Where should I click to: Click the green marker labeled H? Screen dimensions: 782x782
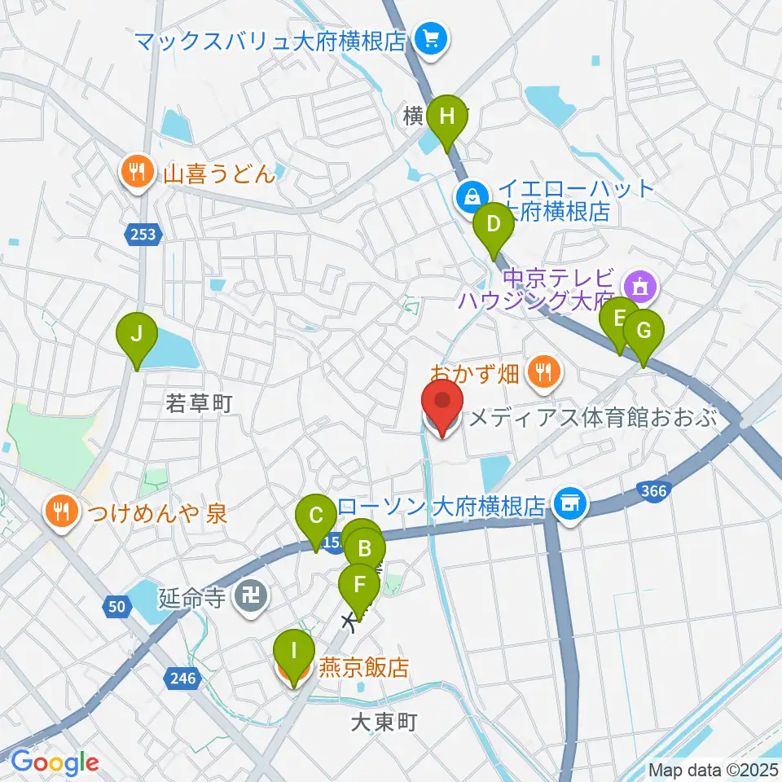pos(447,116)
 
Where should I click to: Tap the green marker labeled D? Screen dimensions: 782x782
pos(493,224)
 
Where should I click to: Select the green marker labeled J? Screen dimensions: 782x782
pos(136,335)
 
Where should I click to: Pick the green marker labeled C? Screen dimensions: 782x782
pos(316,516)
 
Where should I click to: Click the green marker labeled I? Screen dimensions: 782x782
pos(294,652)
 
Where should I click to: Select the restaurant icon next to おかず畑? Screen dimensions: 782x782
pos(543,373)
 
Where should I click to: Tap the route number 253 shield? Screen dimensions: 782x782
pos(143,235)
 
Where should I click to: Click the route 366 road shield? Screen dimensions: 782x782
pos(652,490)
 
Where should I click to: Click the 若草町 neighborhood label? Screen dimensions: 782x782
pos(199,402)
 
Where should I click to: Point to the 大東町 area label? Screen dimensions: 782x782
pos(384,723)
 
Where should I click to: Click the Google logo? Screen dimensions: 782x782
pos(54,762)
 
